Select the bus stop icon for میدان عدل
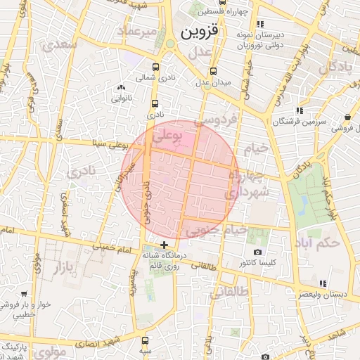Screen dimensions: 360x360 [x=213, y=71]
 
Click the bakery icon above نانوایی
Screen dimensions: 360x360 [x=119, y=87]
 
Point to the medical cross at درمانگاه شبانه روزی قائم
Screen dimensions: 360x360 [x=165, y=245]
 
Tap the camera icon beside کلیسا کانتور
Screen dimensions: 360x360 [x=257, y=252]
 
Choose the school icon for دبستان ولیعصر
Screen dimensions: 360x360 [x=323, y=283]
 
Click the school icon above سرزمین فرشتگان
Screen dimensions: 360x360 [x=300, y=110]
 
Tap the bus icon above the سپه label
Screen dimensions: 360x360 [x=145, y=340]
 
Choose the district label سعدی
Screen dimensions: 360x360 [x=60, y=45]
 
